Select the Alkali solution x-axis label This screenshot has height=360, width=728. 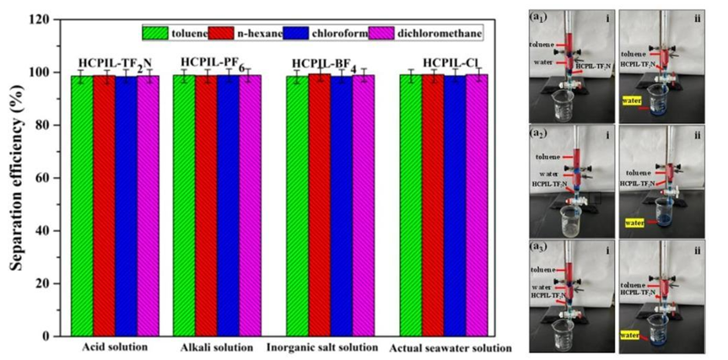[217, 347]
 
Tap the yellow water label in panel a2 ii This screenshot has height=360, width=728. [635, 223]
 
